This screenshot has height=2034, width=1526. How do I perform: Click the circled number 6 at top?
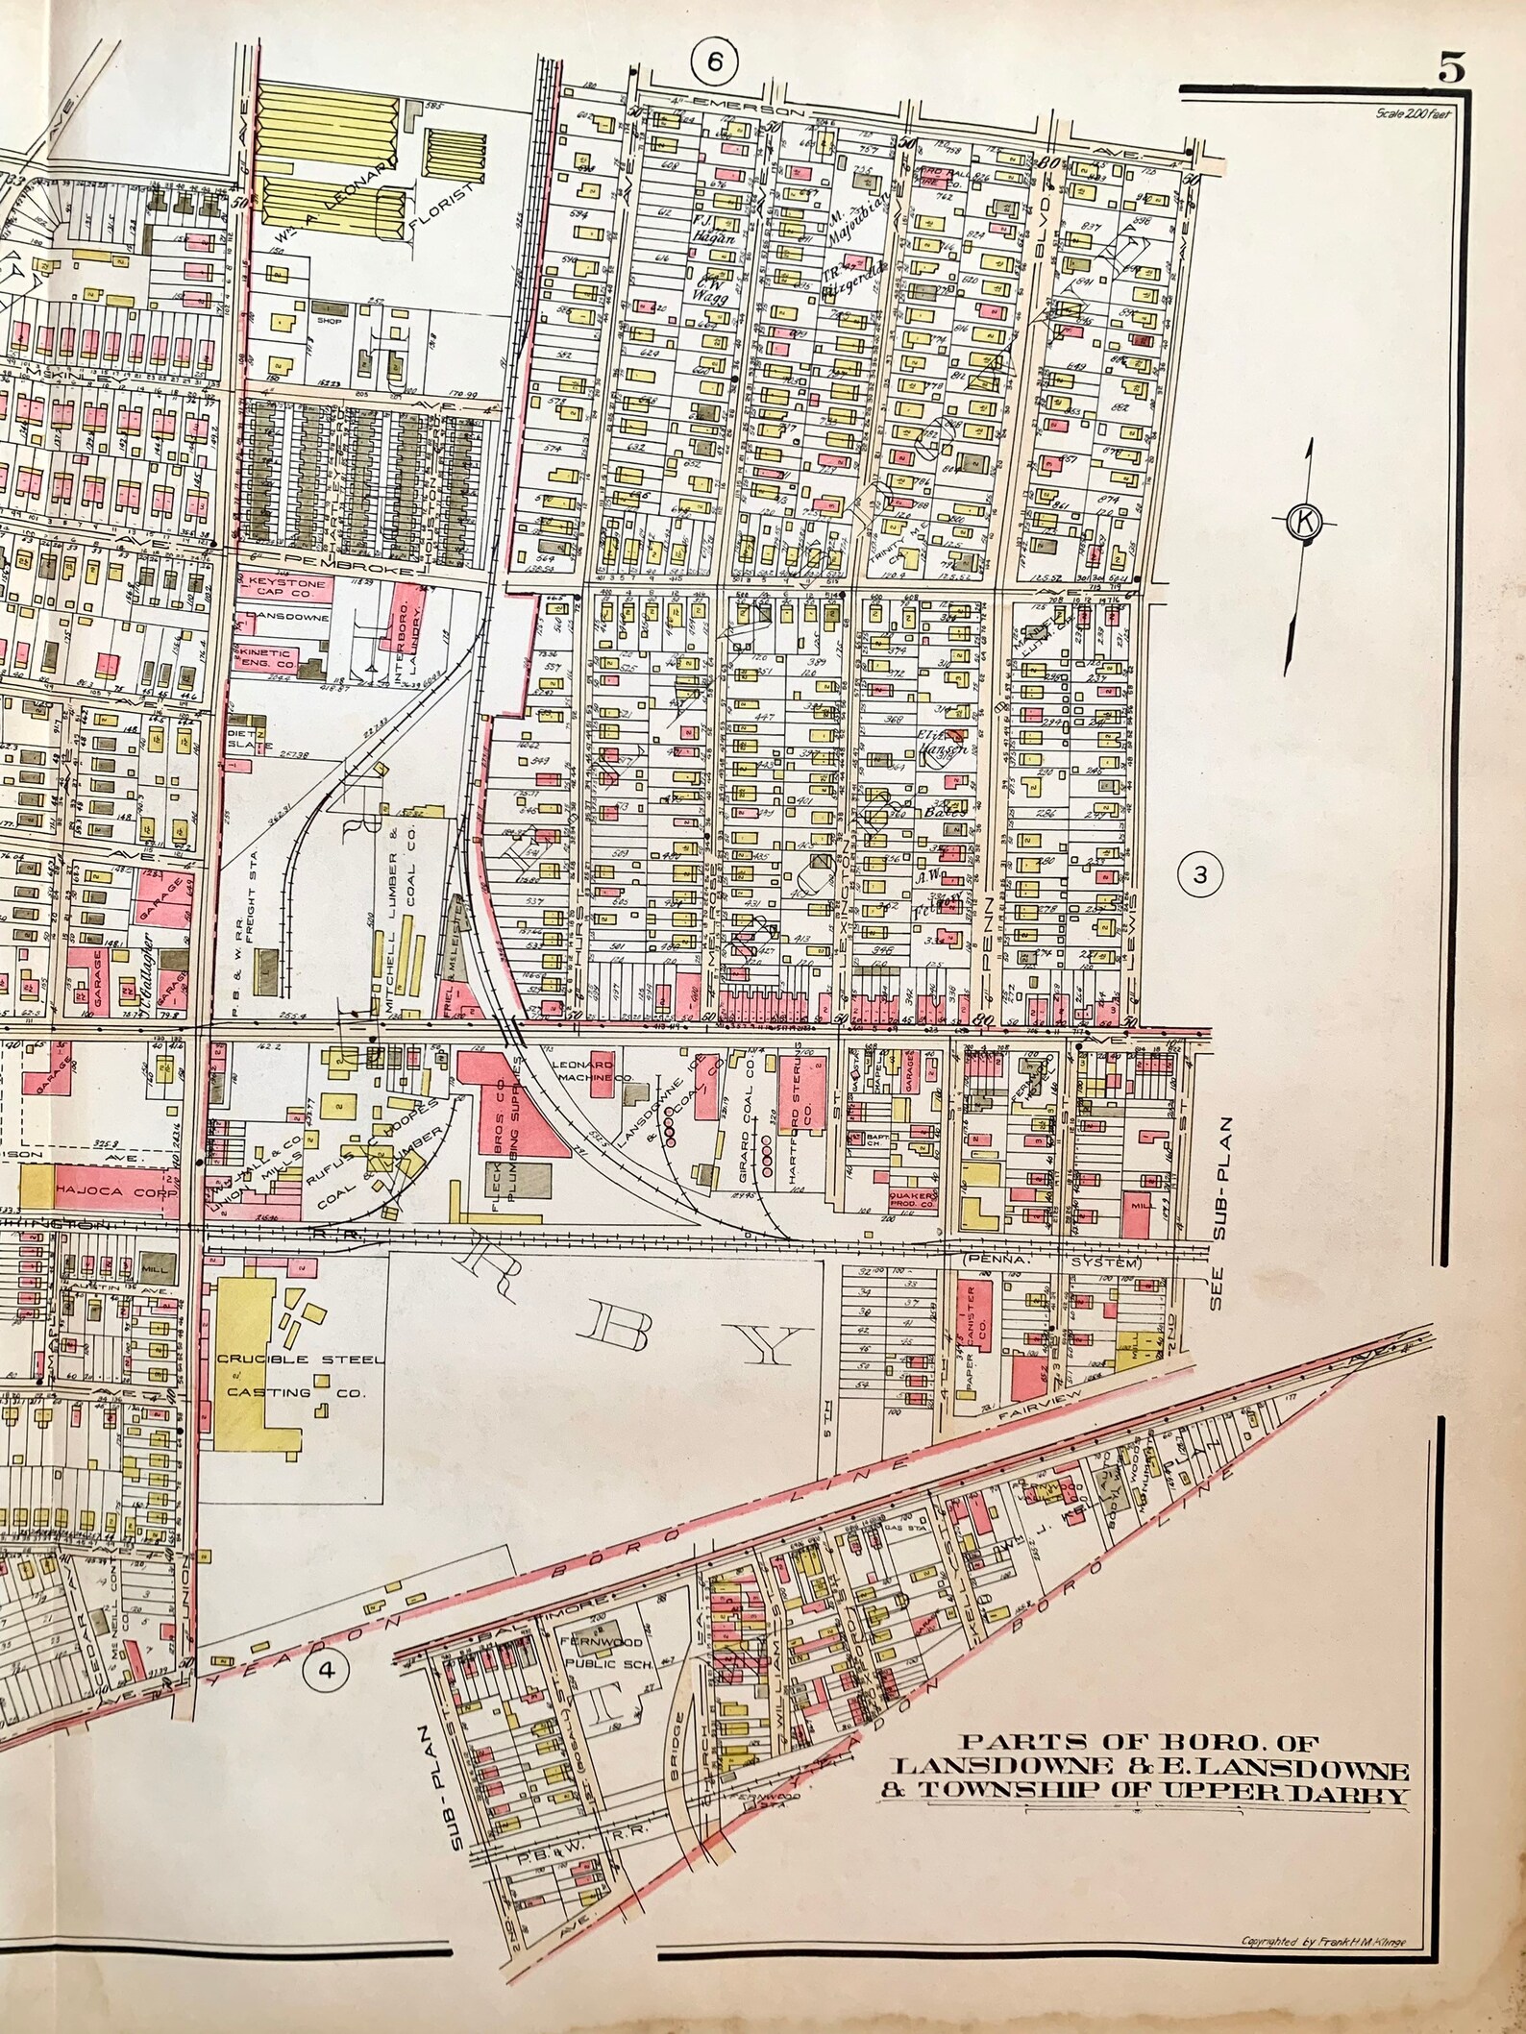[x=714, y=61]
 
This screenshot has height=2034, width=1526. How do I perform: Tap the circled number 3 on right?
[x=1198, y=874]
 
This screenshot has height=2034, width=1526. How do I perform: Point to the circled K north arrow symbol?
[x=1304, y=522]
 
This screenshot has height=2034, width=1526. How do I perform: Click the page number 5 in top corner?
[x=1451, y=70]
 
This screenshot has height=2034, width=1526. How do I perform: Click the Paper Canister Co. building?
[x=981, y=1321]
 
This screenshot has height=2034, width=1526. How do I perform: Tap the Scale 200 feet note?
[x=1414, y=113]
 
